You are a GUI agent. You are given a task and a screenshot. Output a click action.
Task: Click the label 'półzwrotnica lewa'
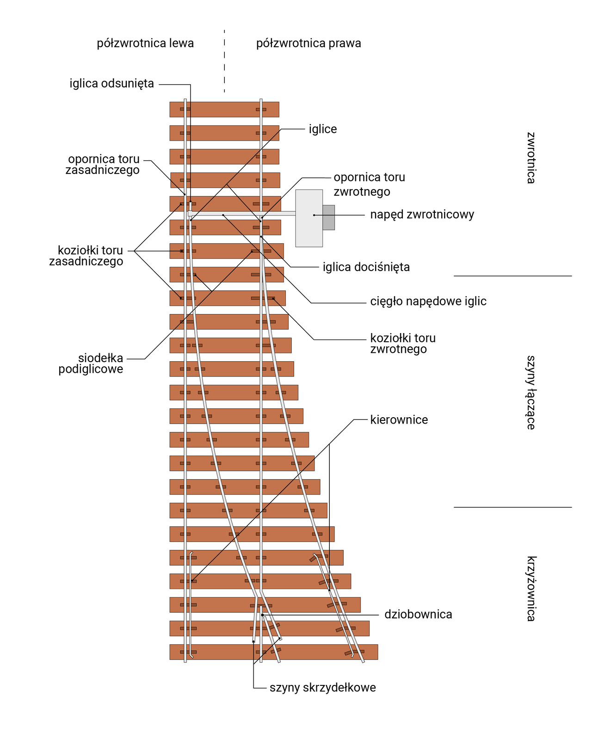[x=145, y=43]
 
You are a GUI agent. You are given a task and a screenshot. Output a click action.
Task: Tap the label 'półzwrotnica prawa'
[x=309, y=43]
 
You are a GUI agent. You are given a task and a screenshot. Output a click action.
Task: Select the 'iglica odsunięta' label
[x=112, y=84]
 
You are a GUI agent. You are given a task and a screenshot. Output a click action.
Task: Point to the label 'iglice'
[x=323, y=129]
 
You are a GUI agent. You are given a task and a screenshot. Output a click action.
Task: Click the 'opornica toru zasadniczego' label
[x=103, y=165]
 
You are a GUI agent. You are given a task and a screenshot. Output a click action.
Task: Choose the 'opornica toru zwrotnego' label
[x=369, y=184]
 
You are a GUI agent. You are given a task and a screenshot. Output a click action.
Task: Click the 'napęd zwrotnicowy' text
[x=422, y=215]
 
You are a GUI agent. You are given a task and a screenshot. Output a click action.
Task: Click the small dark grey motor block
[x=328, y=217]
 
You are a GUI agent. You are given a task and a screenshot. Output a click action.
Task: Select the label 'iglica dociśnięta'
[x=366, y=267]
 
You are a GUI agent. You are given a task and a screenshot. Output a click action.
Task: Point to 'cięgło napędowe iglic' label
[x=428, y=302]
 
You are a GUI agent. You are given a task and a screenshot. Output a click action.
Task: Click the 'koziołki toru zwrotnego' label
[x=403, y=344]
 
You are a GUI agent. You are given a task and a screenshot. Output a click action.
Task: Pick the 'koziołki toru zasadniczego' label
[x=86, y=256]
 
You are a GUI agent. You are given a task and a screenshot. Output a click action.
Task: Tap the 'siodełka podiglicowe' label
[x=91, y=364]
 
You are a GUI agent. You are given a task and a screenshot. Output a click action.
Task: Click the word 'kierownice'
[x=399, y=420]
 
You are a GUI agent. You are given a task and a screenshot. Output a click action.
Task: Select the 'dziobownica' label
[x=418, y=615]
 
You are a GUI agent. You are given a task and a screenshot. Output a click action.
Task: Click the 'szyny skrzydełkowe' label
[x=322, y=688]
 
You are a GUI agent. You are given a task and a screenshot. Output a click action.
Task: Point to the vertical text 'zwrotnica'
[x=531, y=158]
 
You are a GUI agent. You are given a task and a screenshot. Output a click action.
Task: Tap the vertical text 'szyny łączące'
[x=531, y=392]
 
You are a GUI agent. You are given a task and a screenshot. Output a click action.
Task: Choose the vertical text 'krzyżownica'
[x=531, y=588]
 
